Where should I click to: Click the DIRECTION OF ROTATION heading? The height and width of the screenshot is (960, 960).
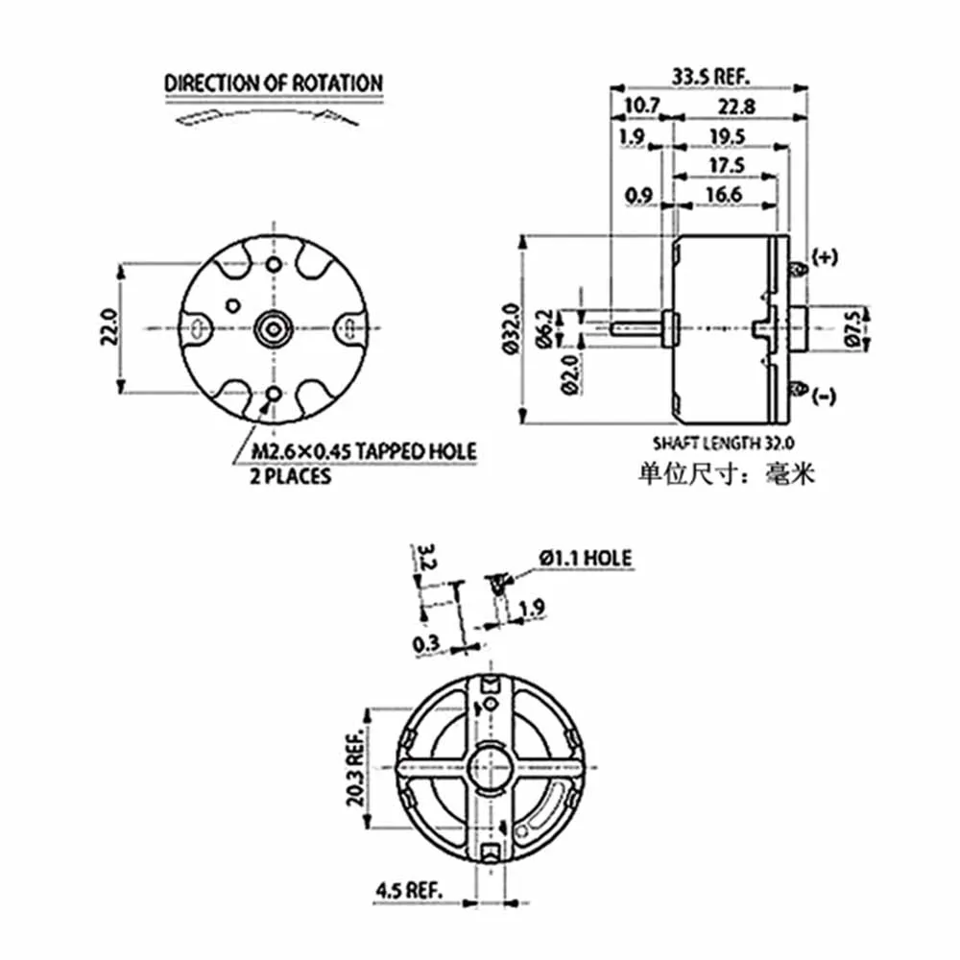click(274, 84)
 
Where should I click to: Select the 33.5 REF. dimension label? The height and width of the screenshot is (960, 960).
click(710, 76)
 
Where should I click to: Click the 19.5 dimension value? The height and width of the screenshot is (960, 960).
click(727, 136)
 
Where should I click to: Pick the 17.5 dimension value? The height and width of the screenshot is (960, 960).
click(727, 165)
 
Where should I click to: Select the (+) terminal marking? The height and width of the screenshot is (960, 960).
click(825, 257)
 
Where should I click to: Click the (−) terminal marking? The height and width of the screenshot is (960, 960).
click(824, 396)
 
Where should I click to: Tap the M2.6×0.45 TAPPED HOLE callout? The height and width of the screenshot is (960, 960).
click(364, 452)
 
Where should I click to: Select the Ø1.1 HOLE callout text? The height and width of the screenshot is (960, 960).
click(585, 557)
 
